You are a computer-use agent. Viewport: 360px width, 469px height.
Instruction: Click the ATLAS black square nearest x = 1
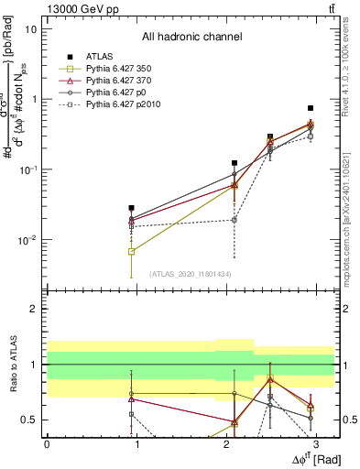[132, 208]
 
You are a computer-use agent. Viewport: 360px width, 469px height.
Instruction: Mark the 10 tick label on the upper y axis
[30, 29]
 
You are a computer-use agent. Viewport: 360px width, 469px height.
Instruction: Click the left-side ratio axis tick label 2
[36, 309]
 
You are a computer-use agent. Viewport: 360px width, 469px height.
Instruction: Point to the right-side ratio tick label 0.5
[348, 420]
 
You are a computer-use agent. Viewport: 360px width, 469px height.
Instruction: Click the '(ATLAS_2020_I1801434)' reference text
[191, 274]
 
